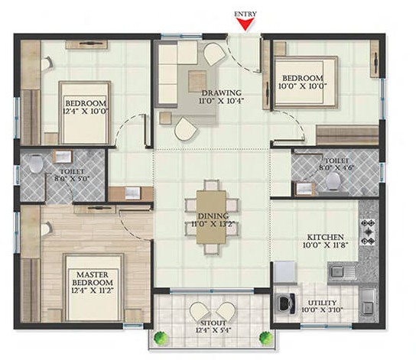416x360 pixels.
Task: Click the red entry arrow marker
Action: coord(245,24)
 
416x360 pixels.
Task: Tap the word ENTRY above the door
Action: coord(245,14)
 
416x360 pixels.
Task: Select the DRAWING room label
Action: coord(222,93)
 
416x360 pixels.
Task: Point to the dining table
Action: coord(211,217)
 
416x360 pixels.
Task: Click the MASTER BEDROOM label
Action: coord(93,279)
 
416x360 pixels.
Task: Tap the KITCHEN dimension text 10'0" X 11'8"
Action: coord(326,245)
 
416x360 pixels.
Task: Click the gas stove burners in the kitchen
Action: coord(368,232)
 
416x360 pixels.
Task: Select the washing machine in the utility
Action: coord(285,303)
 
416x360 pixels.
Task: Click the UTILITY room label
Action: coord(323,303)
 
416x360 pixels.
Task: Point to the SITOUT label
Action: coord(213,323)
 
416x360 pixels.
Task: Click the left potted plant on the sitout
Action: coord(161,338)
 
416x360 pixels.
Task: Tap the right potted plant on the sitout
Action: coord(266,338)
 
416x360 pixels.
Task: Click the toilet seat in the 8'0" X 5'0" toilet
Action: coord(36,163)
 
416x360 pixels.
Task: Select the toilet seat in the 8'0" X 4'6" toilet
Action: coord(333,181)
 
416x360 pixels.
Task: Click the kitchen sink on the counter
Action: coord(341,271)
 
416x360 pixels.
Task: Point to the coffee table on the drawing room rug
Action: coord(197,81)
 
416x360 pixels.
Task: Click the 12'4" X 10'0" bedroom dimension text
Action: coord(86,111)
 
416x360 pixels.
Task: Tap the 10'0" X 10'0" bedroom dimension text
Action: coord(303,86)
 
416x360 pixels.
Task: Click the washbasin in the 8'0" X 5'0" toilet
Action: coord(63,157)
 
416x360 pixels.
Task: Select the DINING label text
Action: coord(213,216)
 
